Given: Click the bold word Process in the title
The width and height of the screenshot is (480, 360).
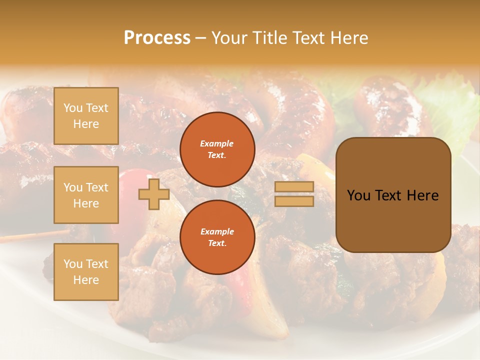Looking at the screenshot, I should [157, 38].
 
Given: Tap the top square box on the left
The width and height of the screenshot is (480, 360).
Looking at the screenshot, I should [86, 116].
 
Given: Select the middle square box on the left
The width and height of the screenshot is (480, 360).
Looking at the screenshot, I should [86, 195].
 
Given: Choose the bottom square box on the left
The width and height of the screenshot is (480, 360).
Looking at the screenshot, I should [86, 272].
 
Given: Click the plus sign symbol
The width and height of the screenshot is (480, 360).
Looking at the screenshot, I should [154, 194].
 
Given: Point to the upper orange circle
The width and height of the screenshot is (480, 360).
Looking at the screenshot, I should [217, 149].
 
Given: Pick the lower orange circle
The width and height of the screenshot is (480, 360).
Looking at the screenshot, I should [217, 237].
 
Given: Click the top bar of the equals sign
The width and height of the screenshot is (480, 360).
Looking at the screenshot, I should [294, 186].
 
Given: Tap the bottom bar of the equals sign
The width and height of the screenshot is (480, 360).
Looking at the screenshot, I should [294, 201].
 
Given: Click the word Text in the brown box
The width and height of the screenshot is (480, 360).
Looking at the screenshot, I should [392, 195].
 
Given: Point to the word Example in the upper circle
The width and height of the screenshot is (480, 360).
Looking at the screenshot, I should [217, 143].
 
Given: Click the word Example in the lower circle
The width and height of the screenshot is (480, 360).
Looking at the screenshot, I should [217, 231].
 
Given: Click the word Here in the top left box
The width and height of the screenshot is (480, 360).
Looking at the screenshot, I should [86, 124].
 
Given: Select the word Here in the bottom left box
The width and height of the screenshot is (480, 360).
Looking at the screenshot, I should [86, 280].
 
